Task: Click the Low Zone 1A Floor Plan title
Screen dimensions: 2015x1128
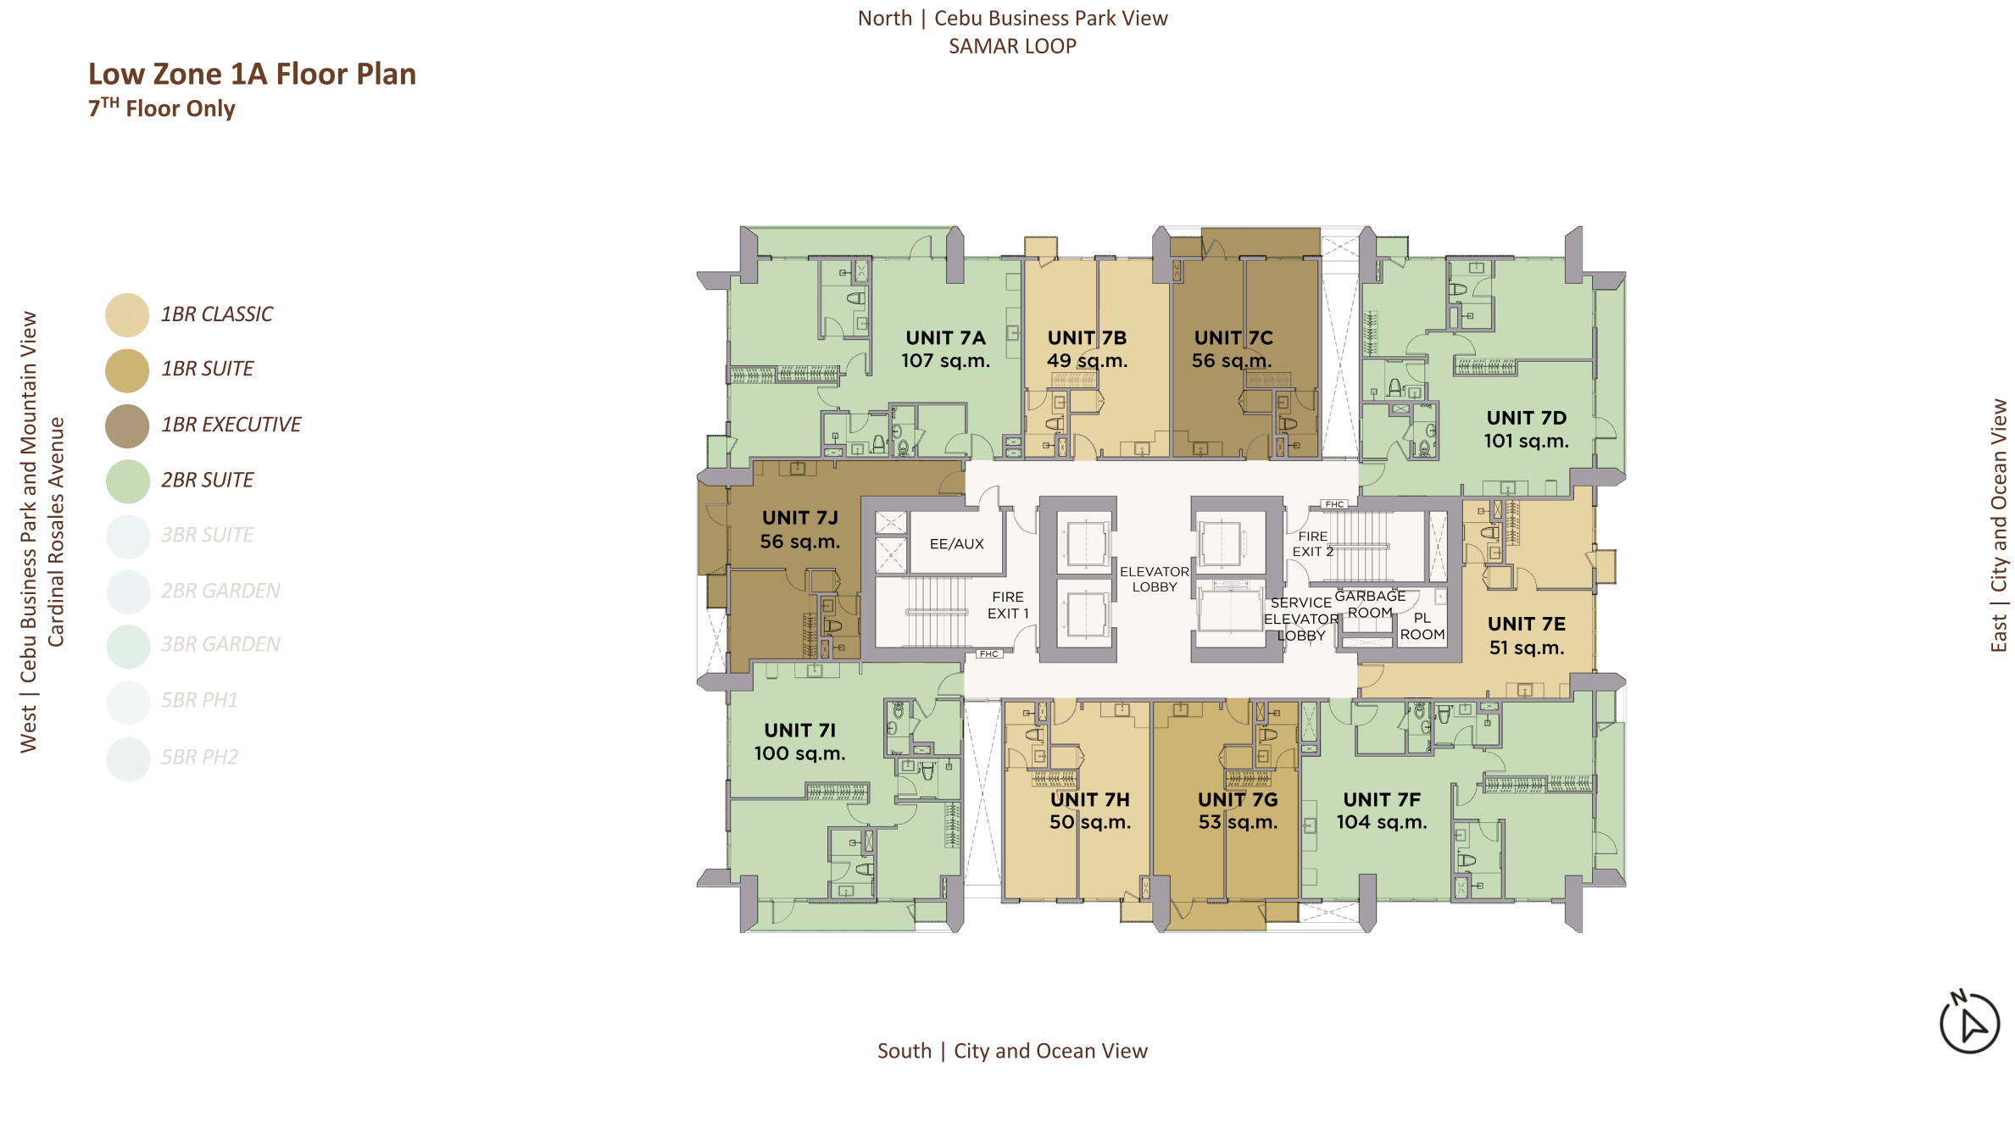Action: click(x=252, y=75)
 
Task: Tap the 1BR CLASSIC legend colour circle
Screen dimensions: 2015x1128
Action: click(x=127, y=315)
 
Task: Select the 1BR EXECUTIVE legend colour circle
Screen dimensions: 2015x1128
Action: click(x=127, y=425)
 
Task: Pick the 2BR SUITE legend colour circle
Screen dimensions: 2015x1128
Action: click(x=127, y=481)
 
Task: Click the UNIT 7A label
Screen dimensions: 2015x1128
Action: click(x=945, y=338)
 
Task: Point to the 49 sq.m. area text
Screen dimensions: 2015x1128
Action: click(x=1087, y=361)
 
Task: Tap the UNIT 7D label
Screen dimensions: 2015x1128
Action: click(x=1526, y=418)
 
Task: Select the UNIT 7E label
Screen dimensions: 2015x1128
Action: click(x=1526, y=624)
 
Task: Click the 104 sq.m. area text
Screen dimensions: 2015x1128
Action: click(x=1382, y=822)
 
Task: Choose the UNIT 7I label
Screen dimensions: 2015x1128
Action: click(x=799, y=731)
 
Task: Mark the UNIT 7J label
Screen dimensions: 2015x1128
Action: click(x=799, y=518)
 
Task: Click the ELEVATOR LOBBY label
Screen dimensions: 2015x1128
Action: click(x=1154, y=580)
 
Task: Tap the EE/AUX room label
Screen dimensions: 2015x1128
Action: click(x=956, y=544)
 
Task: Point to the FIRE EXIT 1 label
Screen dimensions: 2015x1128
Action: click(x=1008, y=605)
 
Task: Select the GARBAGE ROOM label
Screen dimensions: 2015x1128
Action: click(x=1370, y=604)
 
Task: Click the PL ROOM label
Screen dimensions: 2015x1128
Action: click(x=1422, y=626)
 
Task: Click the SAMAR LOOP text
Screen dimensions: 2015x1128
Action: click(x=1012, y=47)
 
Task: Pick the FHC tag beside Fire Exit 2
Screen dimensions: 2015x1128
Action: click(x=1334, y=504)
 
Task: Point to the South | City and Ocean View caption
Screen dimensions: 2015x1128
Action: click(x=1012, y=1051)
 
